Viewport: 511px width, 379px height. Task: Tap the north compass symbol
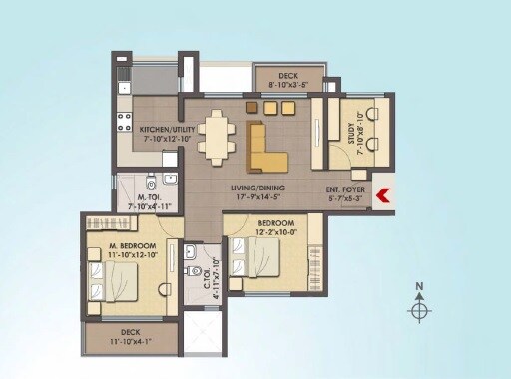420,311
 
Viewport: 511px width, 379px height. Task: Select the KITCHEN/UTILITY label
167,129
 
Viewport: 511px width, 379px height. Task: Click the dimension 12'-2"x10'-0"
276,232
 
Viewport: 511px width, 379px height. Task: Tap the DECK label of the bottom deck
130,332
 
